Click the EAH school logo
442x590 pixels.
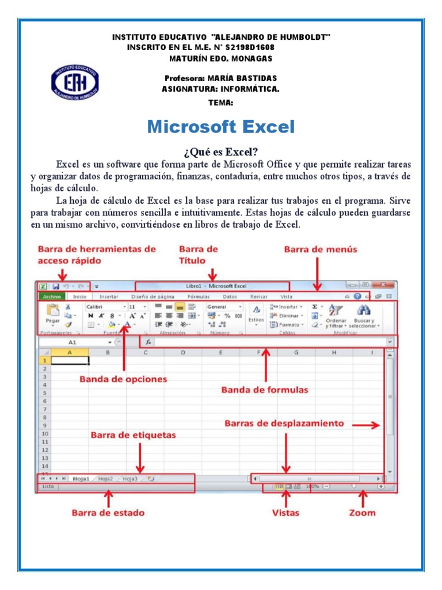[75, 81]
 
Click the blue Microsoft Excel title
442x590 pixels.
[220, 127]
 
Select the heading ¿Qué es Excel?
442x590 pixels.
[220, 152]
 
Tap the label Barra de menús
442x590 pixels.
[321, 249]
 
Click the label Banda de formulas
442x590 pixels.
[265, 390]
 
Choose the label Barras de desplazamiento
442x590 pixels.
[284, 423]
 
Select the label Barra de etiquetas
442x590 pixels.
[133, 435]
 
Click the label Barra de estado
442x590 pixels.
[108, 512]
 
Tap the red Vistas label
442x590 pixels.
[285, 512]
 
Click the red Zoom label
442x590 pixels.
[362, 512]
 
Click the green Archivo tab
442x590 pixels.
[52, 297]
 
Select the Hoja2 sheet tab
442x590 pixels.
[105, 478]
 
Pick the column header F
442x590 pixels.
[258, 352]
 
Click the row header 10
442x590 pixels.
[44, 433]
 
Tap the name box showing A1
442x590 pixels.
[72, 342]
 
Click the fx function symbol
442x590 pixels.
[148, 342]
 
